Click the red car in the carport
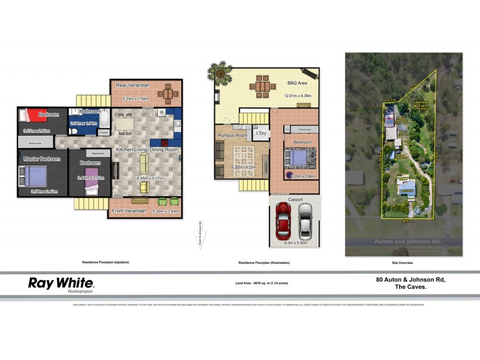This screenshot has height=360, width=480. tap(283, 219)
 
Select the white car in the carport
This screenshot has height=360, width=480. tap(305, 219)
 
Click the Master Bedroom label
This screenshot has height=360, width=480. tap(41, 159)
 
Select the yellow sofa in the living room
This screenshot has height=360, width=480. tap(143, 162)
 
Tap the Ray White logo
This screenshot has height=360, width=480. tap(61, 284)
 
